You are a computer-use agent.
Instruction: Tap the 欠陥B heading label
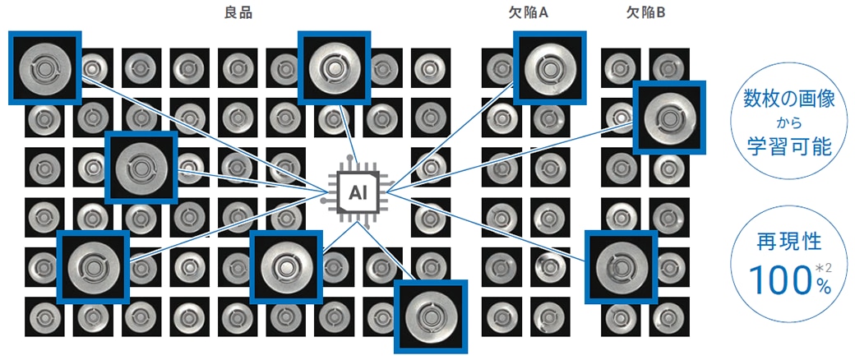pos(646,13)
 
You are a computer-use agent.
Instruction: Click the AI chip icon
pos(356,192)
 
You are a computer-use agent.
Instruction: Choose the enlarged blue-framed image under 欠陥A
pos(549,67)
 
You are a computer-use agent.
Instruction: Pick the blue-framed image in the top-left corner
pos(44,67)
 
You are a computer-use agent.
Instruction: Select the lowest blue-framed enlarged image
pos(431,316)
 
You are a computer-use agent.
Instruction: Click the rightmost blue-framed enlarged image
pos(670,117)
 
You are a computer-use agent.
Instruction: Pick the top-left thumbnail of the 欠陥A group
pos(498,67)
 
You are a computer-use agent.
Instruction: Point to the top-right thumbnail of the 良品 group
pos(429,67)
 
